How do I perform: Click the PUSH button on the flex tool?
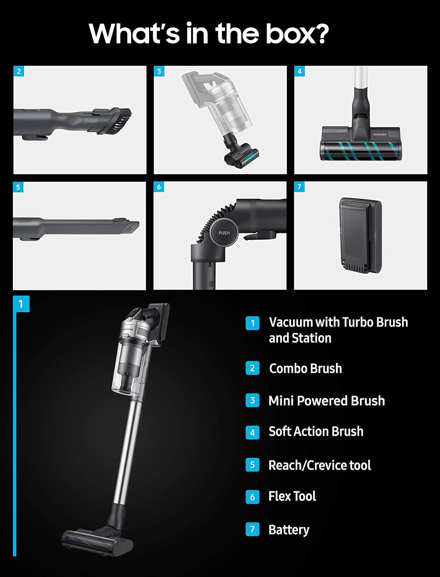coord(224,233)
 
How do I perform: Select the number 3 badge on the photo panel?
coord(159,71)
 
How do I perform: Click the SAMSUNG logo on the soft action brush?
coord(380,134)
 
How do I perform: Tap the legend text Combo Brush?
coord(305,368)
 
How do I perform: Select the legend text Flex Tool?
coord(292,496)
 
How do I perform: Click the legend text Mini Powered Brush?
coord(327,400)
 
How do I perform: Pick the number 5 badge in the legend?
coord(252,465)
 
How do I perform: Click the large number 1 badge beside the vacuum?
coord(21,304)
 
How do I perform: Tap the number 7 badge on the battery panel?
coord(299,187)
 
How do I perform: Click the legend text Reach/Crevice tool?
coord(320,465)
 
